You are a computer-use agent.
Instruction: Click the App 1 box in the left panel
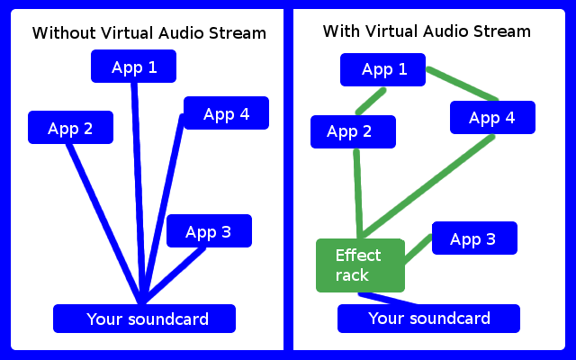click(133, 67)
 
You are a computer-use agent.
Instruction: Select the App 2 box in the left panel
click(70, 128)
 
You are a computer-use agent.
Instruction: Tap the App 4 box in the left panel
click(226, 113)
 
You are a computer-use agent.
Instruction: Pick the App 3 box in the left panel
click(208, 231)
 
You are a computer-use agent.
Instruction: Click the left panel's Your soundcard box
click(144, 319)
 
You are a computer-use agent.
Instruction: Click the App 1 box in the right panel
click(383, 69)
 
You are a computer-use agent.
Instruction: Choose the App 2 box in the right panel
click(353, 132)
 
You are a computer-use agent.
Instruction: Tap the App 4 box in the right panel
click(492, 118)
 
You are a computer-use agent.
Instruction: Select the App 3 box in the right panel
click(473, 238)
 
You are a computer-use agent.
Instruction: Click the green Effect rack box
click(359, 265)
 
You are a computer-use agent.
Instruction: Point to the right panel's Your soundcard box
click(428, 319)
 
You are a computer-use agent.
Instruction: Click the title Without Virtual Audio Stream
click(149, 34)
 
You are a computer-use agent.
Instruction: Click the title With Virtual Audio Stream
click(427, 31)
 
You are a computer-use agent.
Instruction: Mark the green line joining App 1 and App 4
click(463, 84)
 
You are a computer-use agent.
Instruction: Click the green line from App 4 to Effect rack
click(427, 186)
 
